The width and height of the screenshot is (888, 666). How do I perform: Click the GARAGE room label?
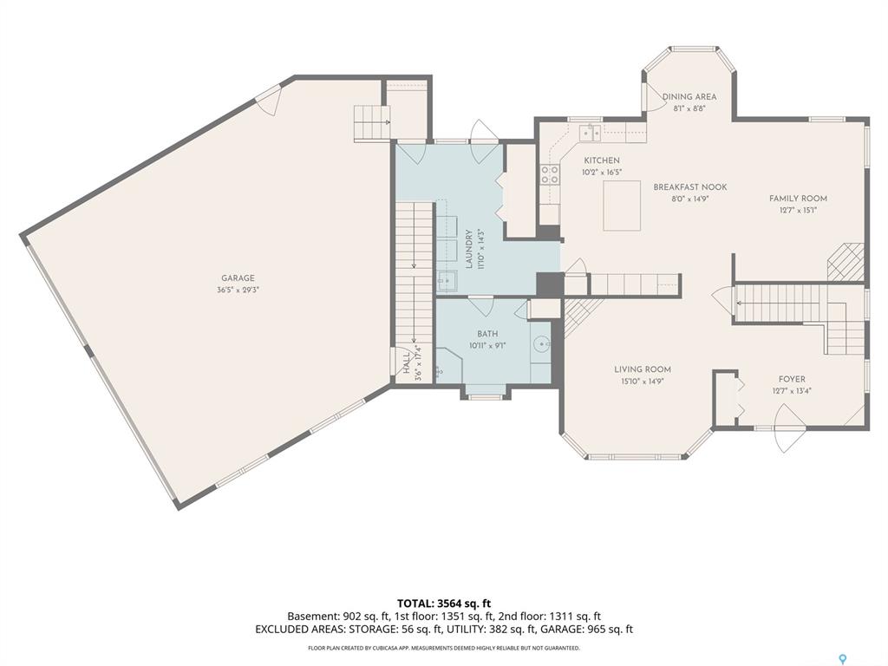(x=238, y=278)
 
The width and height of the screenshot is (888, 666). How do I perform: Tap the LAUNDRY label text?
(x=468, y=249)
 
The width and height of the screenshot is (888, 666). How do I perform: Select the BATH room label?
(x=487, y=334)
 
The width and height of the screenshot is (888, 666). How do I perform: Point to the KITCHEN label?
(x=602, y=160)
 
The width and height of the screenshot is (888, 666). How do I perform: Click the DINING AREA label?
(x=689, y=97)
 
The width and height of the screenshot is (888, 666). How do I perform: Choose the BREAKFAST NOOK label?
(x=690, y=187)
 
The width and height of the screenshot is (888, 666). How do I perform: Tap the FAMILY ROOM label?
(x=798, y=199)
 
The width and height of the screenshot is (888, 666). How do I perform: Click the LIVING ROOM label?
(x=643, y=369)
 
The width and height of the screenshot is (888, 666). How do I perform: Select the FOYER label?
(x=792, y=380)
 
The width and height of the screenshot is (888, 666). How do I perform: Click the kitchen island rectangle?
(x=622, y=206)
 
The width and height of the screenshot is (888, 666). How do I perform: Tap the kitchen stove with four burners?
(x=550, y=175)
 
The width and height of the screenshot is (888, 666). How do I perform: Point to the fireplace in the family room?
(x=846, y=262)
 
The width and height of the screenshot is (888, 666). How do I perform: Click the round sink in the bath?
(x=542, y=343)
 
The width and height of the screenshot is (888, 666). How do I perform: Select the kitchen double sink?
(x=591, y=134)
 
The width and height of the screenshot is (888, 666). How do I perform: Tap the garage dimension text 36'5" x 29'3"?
(x=238, y=290)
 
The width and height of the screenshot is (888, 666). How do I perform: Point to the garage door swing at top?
(x=269, y=100)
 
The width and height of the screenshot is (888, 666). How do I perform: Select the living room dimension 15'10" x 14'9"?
(x=643, y=382)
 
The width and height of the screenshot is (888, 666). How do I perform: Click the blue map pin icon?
(x=843, y=659)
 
